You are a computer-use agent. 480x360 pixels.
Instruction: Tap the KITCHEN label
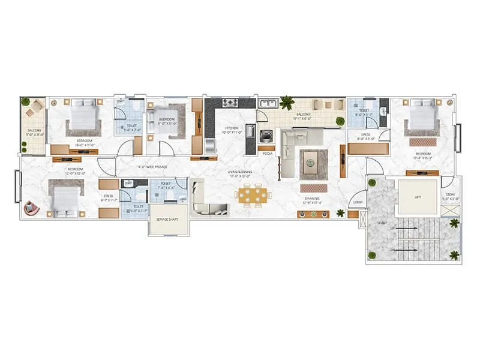pos(232,128)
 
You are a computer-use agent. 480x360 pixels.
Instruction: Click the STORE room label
pos(451,194)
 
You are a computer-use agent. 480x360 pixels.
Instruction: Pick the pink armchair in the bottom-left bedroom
pos(31,208)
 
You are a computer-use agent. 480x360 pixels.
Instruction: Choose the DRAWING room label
pos(311,198)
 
